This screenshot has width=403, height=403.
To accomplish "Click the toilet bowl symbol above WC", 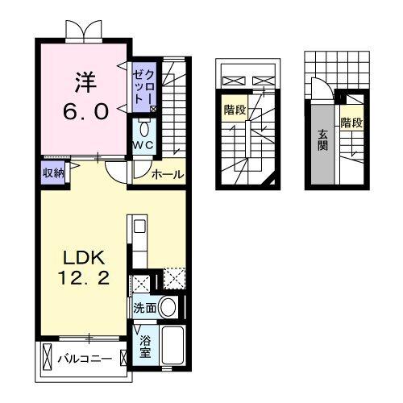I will point(144,129).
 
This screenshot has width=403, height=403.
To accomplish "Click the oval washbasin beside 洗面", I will point(168,307).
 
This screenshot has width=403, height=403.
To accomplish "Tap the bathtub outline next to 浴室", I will point(172,346).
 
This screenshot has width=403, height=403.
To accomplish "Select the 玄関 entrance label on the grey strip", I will point(322,140).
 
